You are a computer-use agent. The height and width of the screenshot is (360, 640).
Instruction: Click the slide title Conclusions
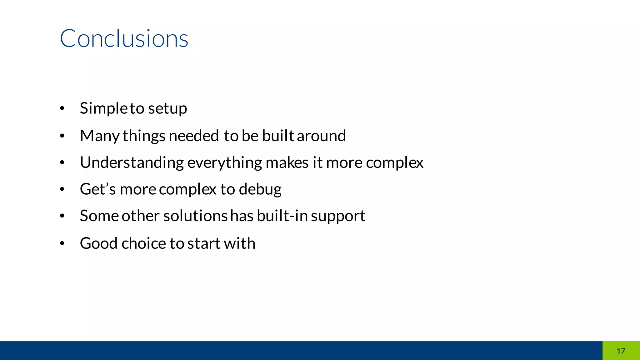(124, 38)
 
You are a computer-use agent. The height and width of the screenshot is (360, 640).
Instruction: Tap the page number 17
(621, 351)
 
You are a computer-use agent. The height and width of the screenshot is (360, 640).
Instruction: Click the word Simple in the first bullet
(103, 108)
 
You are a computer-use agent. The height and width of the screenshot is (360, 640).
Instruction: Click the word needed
(193, 136)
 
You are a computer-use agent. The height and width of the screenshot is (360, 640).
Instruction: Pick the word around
(321, 136)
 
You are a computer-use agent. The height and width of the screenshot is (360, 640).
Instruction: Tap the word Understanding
(132, 163)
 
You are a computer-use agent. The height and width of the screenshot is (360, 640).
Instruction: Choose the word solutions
(195, 216)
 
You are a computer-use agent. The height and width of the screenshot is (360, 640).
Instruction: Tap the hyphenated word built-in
(282, 216)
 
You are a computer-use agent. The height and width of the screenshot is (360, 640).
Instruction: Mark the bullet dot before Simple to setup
(62, 109)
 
